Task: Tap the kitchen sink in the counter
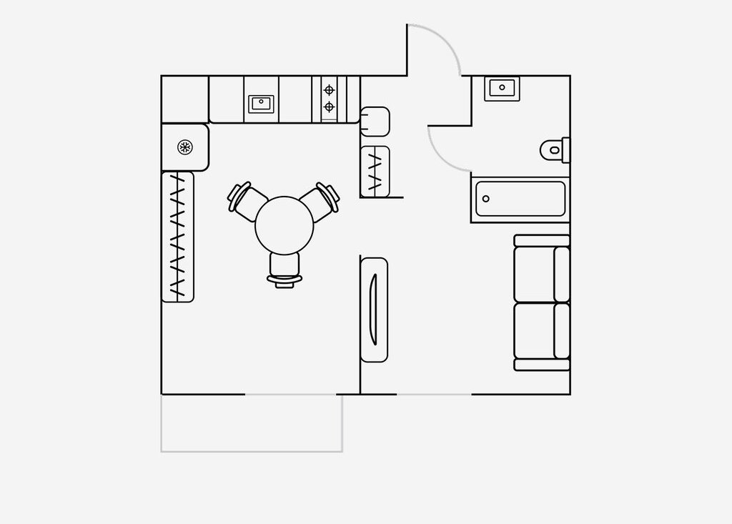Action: click(261, 103)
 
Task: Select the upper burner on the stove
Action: click(329, 90)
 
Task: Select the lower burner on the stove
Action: click(329, 107)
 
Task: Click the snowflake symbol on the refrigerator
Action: click(185, 147)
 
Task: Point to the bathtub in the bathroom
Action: click(520, 199)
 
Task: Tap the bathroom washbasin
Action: click(503, 88)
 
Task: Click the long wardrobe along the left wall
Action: click(178, 237)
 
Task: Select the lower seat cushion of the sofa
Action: click(535, 330)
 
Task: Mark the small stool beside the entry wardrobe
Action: click(375, 122)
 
